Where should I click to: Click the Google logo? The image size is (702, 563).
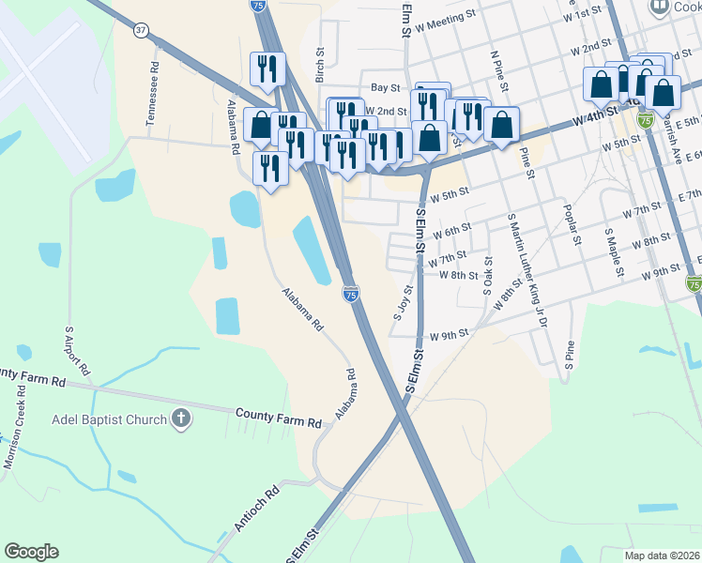pyautogui.click(x=31, y=552)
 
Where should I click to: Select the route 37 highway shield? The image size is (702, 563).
pyautogui.click(x=141, y=30)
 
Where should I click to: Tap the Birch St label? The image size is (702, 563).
pyautogui.click(x=320, y=65)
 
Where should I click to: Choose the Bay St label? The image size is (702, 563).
pyautogui.click(x=385, y=87)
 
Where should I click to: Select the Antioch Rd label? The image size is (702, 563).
pyautogui.click(x=257, y=509)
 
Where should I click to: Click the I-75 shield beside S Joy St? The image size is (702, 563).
pyautogui.click(x=349, y=295)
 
